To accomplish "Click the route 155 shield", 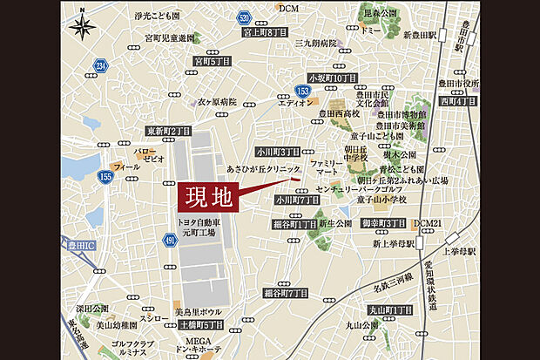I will [106, 177].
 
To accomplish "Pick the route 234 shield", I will [101, 66].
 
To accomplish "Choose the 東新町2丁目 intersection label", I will [168, 131].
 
